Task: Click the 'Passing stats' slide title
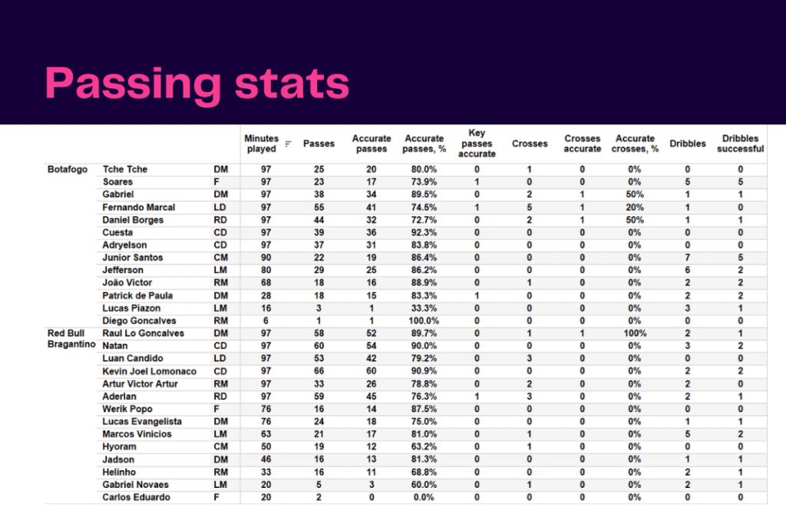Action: click(197, 84)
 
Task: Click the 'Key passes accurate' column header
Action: click(477, 143)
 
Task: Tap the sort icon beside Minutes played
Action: click(289, 143)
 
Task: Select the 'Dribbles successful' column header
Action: click(740, 143)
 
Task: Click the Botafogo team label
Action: click(68, 170)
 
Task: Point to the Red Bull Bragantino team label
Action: click(71, 338)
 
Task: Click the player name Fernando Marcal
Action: click(139, 207)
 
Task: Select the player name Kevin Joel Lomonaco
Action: click(150, 371)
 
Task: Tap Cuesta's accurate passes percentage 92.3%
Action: click(424, 232)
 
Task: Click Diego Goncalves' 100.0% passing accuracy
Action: click(424, 321)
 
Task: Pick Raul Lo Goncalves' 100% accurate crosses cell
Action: click(635, 333)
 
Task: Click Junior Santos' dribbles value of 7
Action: click(687, 258)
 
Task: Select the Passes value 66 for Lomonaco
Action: click(319, 371)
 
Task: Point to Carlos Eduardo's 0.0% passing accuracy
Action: click(424, 497)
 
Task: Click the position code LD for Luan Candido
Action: click(220, 358)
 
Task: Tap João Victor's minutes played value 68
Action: click(266, 282)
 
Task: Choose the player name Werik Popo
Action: click(127, 409)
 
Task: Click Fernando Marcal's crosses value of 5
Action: click(530, 207)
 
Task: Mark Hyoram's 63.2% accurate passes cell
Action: click(424, 447)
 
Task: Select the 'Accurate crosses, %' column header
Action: click(635, 143)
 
